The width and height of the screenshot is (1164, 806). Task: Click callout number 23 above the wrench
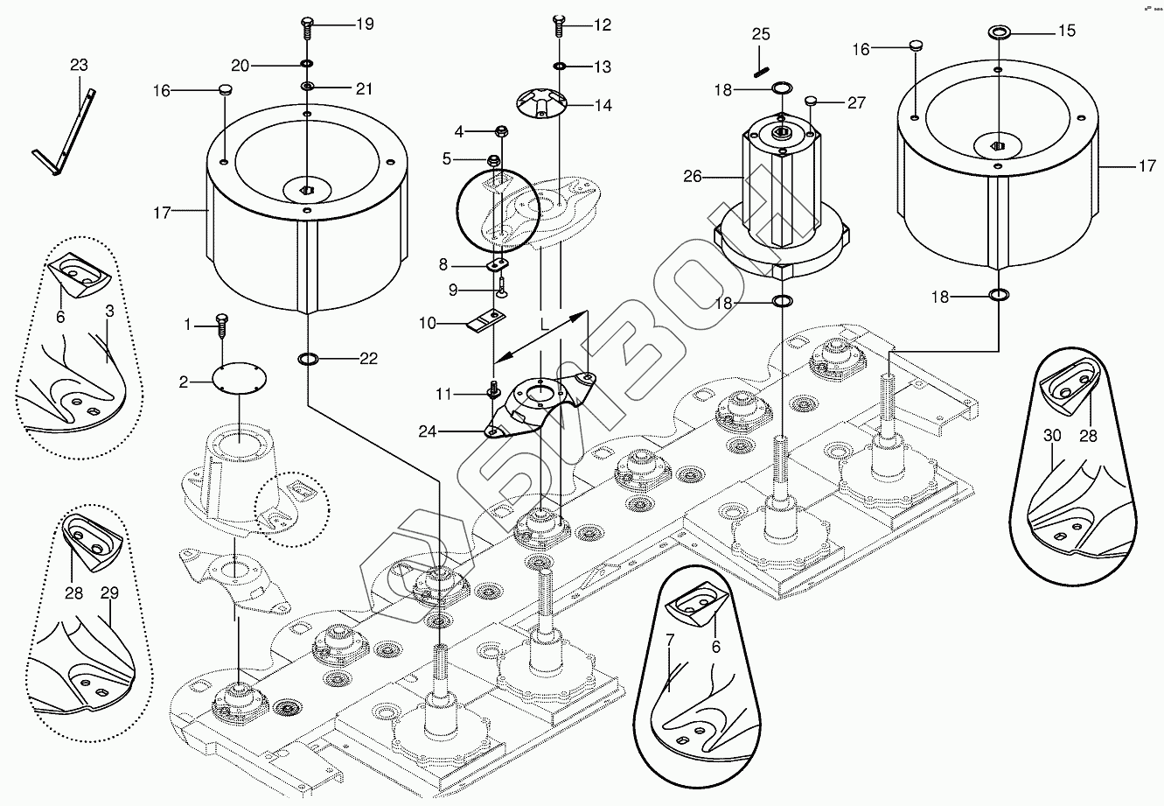pyautogui.click(x=80, y=66)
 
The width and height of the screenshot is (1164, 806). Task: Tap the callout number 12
pyautogui.click(x=603, y=25)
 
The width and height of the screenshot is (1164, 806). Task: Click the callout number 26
pyautogui.click(x=693, y=176)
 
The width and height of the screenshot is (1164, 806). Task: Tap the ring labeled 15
pyautogui.click(x=999, y=32)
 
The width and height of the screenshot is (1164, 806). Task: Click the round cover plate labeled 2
pyautogui.click(x=240, y=381)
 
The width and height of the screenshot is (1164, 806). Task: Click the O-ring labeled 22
pyautogui.click(x=309, y=358)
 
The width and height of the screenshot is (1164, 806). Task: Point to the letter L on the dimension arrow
pyautogui.click(x=544, y=324)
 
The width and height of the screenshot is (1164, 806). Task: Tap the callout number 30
pyautogui.click(x=1052, y=436)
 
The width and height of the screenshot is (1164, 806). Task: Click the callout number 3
pyautogui.click(x=110, y=311)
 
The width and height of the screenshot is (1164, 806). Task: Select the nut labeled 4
pyautogui.click(x=502, y=132)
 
